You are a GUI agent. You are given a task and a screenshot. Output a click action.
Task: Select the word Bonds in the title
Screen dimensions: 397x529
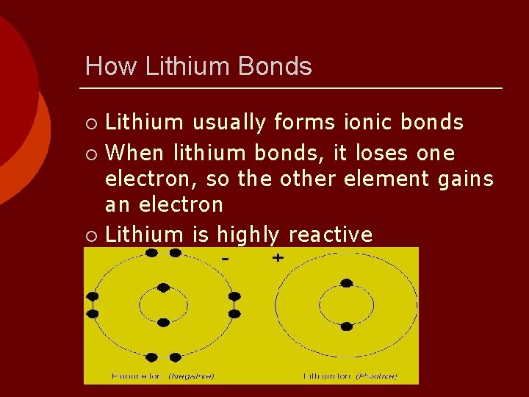(x=276, y=67)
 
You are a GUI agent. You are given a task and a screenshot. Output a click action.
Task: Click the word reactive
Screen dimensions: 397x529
(x=331, y=235)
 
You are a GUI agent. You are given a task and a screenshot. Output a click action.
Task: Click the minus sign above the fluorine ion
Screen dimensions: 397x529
(x=226, y=260)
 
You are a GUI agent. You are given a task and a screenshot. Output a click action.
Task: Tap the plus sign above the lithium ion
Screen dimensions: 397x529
(x=278, y=258)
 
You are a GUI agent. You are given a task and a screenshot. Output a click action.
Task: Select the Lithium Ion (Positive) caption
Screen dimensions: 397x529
(x=350, y=376)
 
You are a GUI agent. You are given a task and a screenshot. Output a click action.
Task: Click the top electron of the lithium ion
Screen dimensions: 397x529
(x=347, y=283)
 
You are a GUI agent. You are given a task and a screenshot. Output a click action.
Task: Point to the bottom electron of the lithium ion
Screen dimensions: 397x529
(x=347, y=321)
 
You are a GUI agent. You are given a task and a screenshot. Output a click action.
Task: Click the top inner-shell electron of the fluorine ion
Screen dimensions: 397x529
(x=163, y=287)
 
